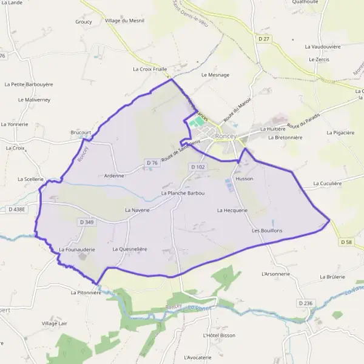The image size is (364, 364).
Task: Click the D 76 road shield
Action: pyautogui.click(x=152, y=163)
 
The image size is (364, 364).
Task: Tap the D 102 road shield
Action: pyautogui.click(x=198, y=167)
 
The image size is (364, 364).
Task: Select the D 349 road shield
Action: pyautogui.click(x=87, y=223)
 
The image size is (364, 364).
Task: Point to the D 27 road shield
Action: pyautogui.click(x=263, y=39)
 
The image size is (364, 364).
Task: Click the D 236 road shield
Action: pyautogui.click(x=305, y=303)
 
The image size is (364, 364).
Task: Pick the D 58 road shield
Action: pyautogui.click(x=346, y=242)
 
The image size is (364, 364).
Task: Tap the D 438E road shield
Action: pyautogui.click(x=18, y=209)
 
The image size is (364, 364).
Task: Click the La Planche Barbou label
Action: pyautogui.click(x=183, y=193)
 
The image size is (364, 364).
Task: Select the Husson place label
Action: pyautogui.click(x=244, y=179)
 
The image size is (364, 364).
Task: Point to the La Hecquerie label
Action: pyautogui.click(x=232, y=210)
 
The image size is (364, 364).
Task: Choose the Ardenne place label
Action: pyautogui.click(x=114, y=175)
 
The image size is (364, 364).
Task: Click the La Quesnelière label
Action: pyautogui.click(x=130, y=249)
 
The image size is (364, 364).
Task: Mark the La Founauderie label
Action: pyautogui.click(x=77, y=249)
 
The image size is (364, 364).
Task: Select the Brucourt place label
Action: pyautogui.click(x=81, y=132)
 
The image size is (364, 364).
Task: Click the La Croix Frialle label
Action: pyautogui.click(x=150, y=69)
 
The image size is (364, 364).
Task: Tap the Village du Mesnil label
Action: pyautogui.click(x=124, y=21)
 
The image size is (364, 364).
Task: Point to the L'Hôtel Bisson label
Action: pyautogui.click(x=220, y=335)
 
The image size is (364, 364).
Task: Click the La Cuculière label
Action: pyautogui.click(x=328, y=183)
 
